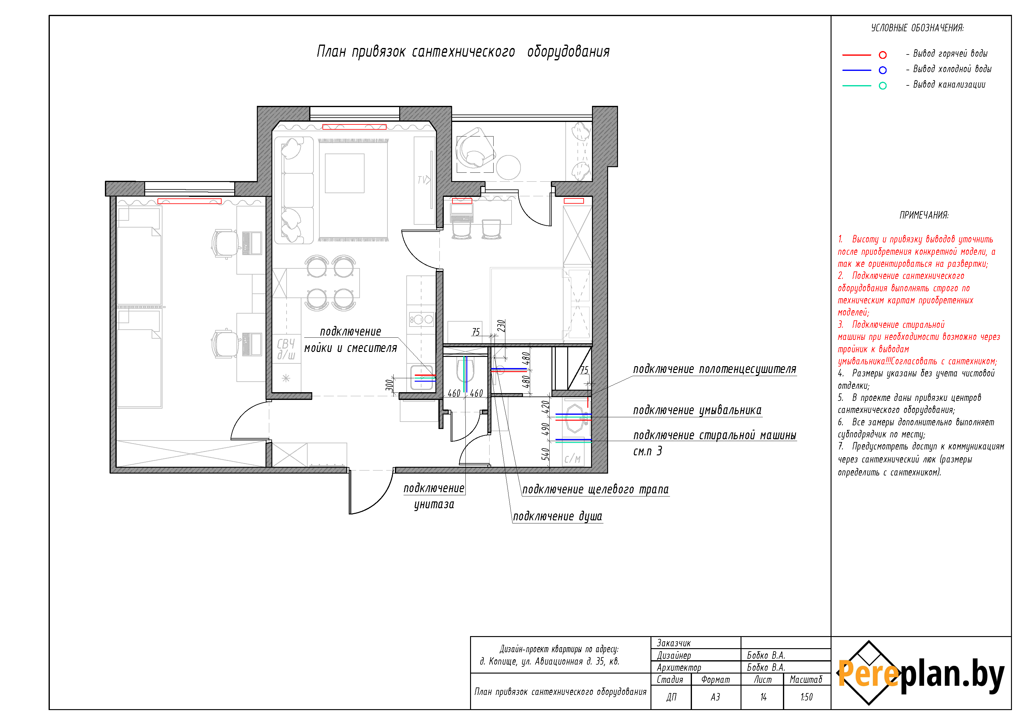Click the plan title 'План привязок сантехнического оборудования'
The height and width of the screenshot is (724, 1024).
point(463,52)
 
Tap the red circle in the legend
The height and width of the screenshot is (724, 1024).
point(883,55)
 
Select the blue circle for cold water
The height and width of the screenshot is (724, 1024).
point(883,70)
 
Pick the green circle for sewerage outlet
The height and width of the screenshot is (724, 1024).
point(883,86)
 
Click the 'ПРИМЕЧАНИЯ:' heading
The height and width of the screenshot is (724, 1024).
point(924,215)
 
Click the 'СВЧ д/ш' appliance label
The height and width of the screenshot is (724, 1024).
point(286,349)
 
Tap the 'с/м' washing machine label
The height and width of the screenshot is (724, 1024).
point(572,459)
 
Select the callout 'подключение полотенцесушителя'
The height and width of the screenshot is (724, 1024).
point(715,369)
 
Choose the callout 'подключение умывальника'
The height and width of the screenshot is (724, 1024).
point(697,410)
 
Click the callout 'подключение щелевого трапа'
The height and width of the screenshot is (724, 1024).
point(595,489)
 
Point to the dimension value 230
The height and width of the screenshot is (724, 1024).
point(501,326)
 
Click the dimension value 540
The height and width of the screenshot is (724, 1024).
point(545,454)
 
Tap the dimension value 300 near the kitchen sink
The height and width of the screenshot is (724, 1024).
point(390,385)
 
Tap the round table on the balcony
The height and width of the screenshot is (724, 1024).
point(508,167)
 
